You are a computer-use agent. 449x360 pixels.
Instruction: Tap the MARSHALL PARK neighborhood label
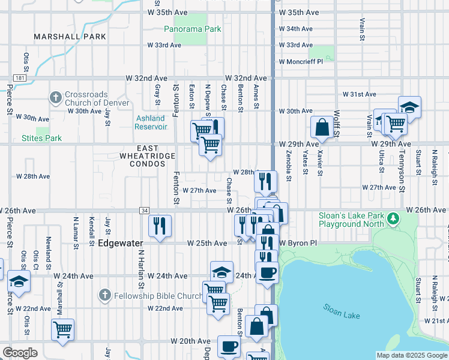coord(70,37)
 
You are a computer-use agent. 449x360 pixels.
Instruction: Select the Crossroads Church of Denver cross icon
coord(55,97)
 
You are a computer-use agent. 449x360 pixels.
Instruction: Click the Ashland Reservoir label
coord(151,122)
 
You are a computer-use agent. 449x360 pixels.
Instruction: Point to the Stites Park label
coord(41,138)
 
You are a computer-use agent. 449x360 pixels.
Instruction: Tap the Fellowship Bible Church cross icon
coord(104,295)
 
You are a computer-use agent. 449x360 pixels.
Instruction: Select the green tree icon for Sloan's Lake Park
coord(393,217)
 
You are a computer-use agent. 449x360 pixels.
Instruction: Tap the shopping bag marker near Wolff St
coord(322,127)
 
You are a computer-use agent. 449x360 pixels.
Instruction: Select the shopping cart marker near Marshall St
coord(62,329)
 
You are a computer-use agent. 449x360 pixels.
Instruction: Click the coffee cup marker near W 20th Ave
coord(229,346)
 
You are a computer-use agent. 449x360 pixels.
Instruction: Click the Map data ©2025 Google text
coord(412,355)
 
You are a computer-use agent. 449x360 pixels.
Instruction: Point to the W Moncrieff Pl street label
coord(301,62)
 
